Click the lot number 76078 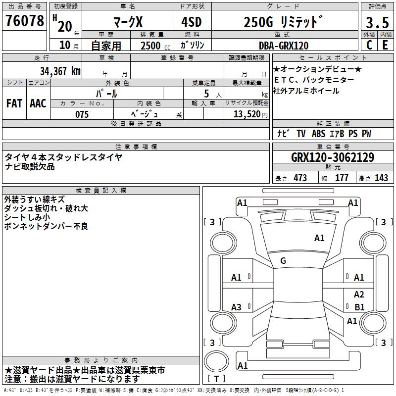point(24,21)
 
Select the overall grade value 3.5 point(377,23)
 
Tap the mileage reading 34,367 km point(60,71)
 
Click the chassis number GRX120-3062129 point(333,157)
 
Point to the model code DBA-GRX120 point(284,46)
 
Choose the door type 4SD point(192,22)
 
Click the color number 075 point(82,114)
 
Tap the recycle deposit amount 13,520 point(247,114)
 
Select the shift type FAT point(14,103)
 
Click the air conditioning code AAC point(38,103)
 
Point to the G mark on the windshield point(283,261)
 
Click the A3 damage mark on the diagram point(236,307)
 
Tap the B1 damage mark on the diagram point(359,307)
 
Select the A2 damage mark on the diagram point(359,295)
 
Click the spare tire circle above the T point(216,361)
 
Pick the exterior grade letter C point(369,45)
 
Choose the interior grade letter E point(385,45)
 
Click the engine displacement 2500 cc point(155,46)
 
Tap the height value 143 point(381,178)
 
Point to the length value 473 point(300,178)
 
